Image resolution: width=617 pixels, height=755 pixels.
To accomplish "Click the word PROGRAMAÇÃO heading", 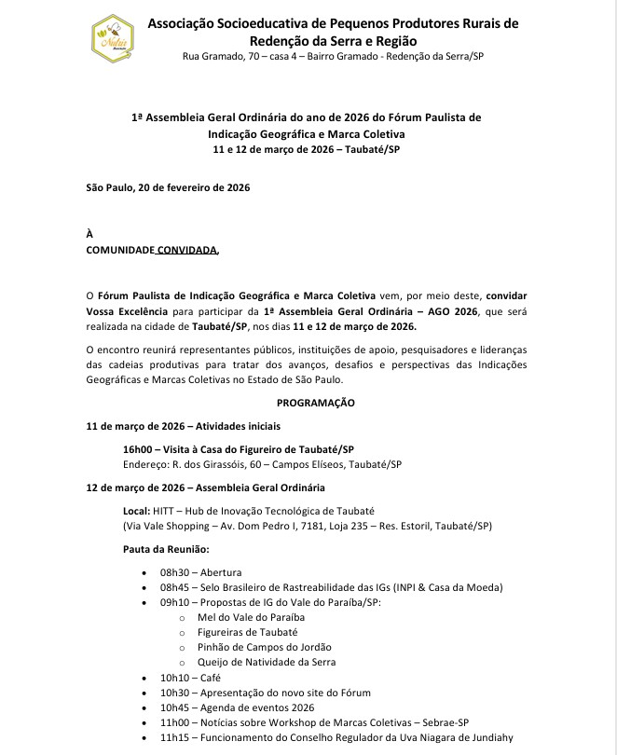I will [316, 403].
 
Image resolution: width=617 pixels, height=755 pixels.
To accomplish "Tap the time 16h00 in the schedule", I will [137, 448].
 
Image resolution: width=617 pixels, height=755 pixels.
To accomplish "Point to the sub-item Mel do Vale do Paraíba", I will [251, 617].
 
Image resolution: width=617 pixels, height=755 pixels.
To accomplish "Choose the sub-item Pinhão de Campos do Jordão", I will [265, 647].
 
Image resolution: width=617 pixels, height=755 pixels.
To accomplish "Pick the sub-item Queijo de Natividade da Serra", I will [267, 662].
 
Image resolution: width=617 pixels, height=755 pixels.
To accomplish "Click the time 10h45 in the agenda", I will [174, 707].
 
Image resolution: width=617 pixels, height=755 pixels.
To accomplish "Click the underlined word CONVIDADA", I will [186, 251].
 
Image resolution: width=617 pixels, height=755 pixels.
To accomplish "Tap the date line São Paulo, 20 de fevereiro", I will [168, 187].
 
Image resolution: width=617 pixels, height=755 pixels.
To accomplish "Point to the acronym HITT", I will [164, 511].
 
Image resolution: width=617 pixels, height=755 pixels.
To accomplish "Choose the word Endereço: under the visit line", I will [146, 464].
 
